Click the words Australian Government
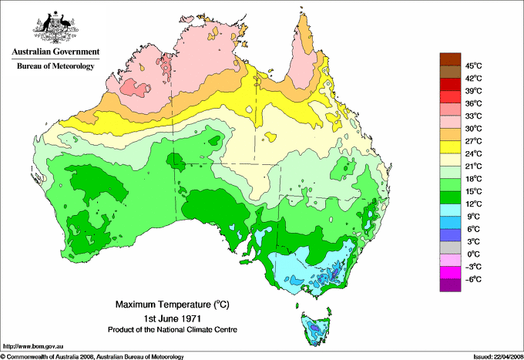55,52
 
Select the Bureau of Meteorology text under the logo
55,66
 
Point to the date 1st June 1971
167,318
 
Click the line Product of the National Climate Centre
167,329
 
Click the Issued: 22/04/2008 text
492,355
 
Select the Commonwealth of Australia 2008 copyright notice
92,355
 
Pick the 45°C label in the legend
473,66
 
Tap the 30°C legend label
473,128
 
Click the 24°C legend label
473,153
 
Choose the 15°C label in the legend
473,191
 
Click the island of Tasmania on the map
315,328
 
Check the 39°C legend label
473,90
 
